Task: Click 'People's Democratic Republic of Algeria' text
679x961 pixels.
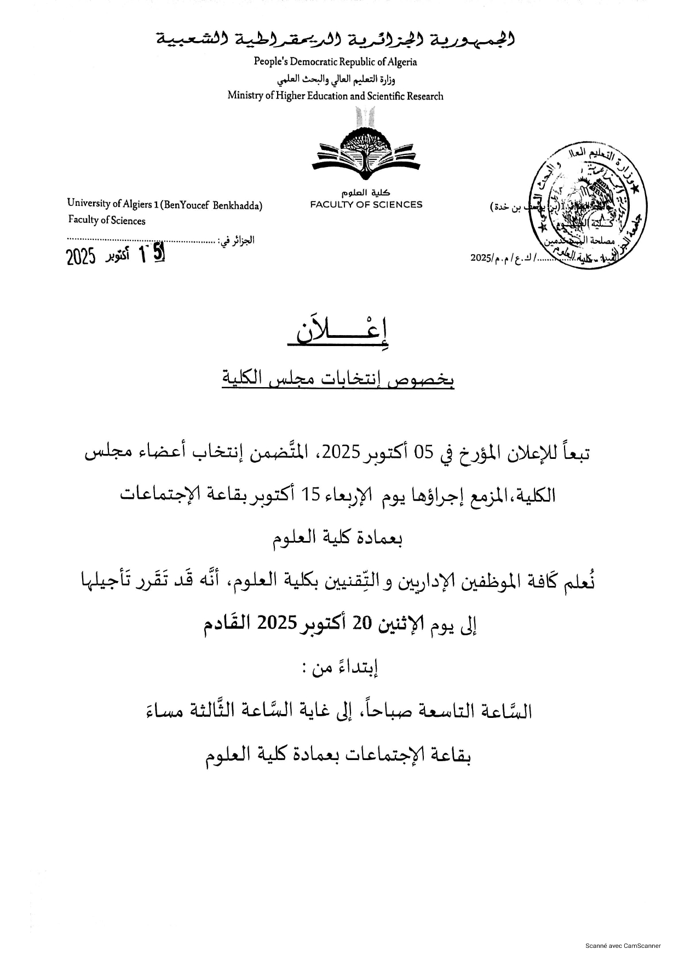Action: tap(335, 62)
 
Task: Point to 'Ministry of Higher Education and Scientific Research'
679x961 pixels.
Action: tap(335, 96)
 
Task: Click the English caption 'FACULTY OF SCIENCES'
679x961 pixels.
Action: tap(366, 205)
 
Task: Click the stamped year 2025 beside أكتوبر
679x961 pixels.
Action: tap(81, 256)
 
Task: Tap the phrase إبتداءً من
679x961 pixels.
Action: tap(341, 667)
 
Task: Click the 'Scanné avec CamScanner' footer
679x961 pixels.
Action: tap(623, 945)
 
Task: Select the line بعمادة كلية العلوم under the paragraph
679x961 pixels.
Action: tap(338, 538)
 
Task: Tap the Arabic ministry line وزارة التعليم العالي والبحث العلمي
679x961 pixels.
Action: tap(335, 79)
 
